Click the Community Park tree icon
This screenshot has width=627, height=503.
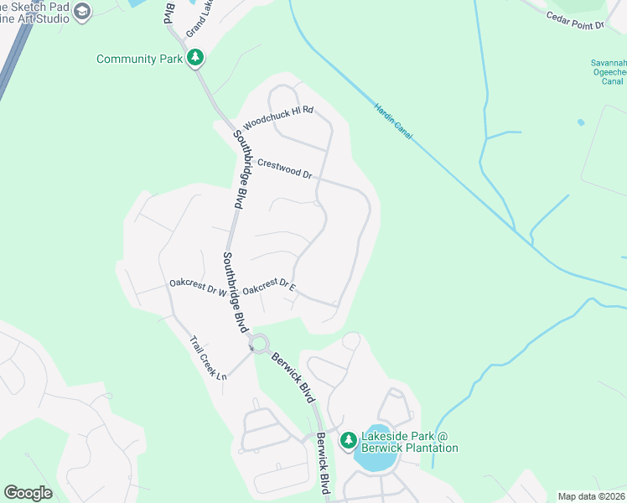point(195,58)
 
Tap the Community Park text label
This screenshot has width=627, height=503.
point(139,59)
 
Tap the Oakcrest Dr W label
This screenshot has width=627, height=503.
point(198,287)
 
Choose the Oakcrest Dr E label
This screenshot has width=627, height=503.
point(269,287)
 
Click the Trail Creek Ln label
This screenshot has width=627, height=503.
point(209,358)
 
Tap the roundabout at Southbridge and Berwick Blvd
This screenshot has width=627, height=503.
point(259,343)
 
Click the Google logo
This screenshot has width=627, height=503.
point(28,493)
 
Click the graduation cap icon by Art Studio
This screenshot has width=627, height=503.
point(81,12)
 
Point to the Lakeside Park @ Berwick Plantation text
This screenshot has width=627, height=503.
point(409,442)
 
